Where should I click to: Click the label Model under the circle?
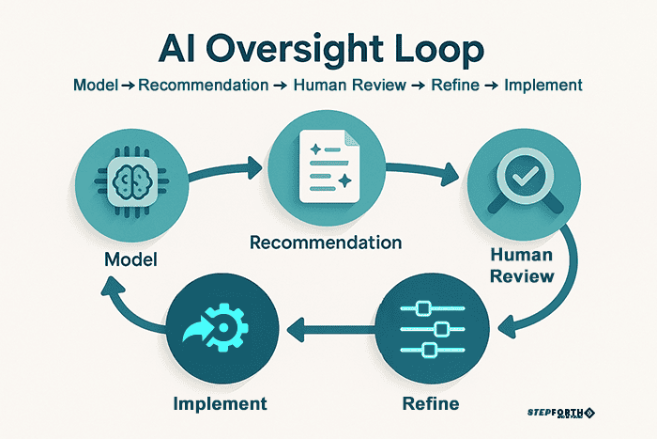coord(130,256)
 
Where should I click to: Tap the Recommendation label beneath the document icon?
coord(326,243)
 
